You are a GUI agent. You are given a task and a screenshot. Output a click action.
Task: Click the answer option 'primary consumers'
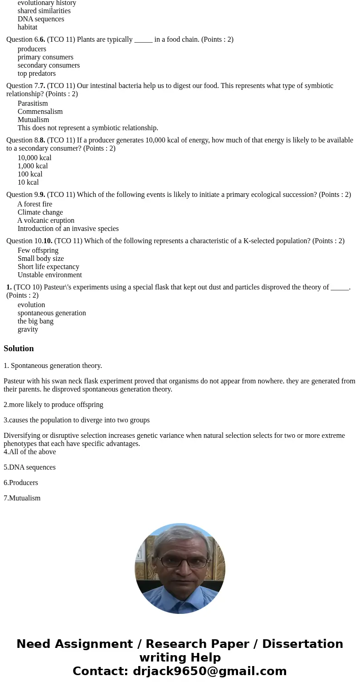[x=45, y=57]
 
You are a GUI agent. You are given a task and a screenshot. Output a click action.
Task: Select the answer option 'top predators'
[x=37, y=74]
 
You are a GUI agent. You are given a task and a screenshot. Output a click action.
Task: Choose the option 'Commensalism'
[x=40, y=112]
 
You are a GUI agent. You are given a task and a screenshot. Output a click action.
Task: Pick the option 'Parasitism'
[x=33, y=103]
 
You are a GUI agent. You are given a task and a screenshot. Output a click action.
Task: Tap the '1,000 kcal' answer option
[x=33, y=166]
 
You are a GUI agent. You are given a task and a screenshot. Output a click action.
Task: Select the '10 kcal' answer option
[x=28, y=182]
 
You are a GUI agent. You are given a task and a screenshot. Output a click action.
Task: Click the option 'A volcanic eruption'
[x=46, y=221]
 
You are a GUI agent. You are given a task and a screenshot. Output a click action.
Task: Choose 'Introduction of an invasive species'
[x=68, y=229]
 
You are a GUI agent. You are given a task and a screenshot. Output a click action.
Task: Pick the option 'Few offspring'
[x=38, y=250]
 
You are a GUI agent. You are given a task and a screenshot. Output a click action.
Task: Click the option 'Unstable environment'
[x=50, y=275]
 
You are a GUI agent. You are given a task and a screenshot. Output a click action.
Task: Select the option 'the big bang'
[x=35, y=321]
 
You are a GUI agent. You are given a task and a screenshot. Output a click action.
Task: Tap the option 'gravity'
[x=28, y=329]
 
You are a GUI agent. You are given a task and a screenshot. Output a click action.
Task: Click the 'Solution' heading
[x=19, y=348]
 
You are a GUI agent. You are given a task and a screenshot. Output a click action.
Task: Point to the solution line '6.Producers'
[x=21, y=483]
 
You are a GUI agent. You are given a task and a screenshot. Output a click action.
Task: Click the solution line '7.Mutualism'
[x=22, y=498]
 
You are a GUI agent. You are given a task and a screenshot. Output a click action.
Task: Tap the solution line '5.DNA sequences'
[x=29, y=467]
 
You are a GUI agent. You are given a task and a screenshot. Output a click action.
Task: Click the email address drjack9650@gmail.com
[x=209, y=671]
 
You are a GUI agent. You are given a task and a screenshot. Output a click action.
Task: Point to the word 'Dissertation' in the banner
[x=302, y=644]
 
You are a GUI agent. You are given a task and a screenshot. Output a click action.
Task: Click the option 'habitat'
[x=28, y=27]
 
